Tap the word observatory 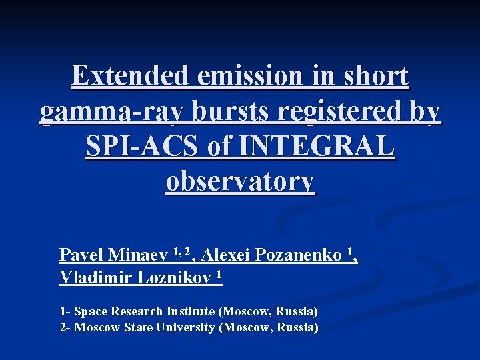pyautogui.click(x=240, y=181)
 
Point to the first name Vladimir pyautogui.click(x=95, y=277)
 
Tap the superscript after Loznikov pyautogui.click(x=218, y=274)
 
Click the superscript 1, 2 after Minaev pyautogui.click(x=181, y=251)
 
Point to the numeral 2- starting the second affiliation pyautogui.click(x=65, y=327)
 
